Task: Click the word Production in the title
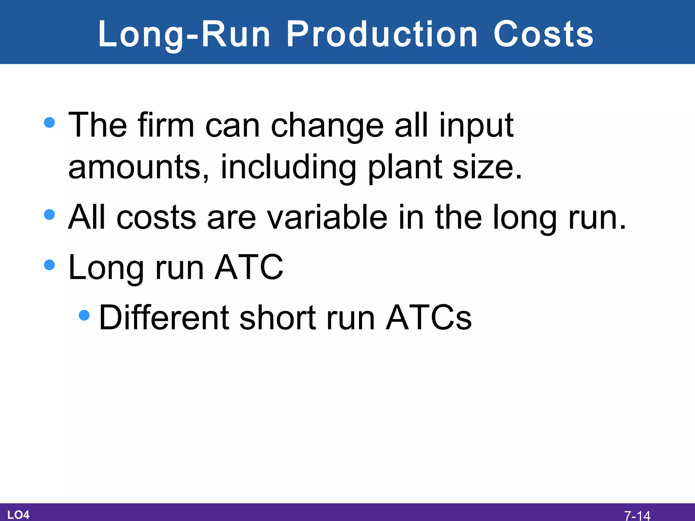tap(382, 35)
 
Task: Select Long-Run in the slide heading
tap(184, 35)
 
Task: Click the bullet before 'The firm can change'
tap(50, 122)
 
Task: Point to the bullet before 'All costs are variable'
tap(50, 214)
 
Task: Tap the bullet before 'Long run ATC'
tap(50, 265)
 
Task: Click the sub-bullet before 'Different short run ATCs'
tap(84, 315)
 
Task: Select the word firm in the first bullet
tap(166, 126)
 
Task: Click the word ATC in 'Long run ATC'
tap(249, 268)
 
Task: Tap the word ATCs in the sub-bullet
tap(429, 318)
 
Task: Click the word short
tap(278, 318)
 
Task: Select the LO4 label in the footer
tap(18, 515)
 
